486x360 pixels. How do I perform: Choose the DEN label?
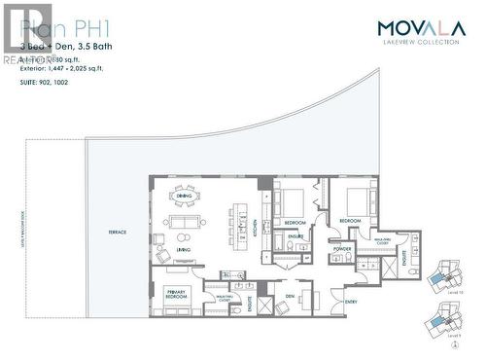click(290, 296)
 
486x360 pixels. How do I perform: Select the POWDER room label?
click(341, 247)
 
